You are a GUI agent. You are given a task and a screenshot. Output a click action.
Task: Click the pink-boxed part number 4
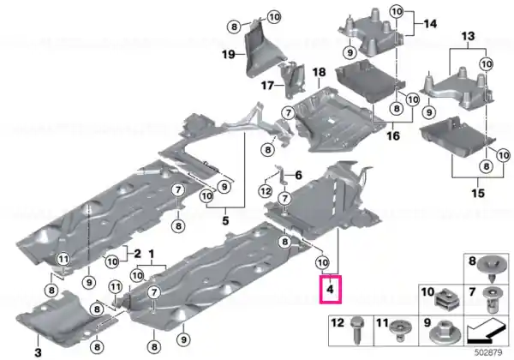pos(330,290)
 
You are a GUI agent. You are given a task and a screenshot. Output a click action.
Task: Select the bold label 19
pos(229,54)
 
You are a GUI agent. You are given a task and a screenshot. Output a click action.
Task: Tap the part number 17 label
pos(267,86)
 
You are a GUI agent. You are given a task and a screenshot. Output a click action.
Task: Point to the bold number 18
pos(319,72)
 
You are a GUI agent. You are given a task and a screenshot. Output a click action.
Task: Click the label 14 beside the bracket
pos(430,24)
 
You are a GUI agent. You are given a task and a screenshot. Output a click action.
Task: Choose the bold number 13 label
pos(468,36)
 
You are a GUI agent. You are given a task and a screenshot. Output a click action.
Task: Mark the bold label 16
pos(393,135)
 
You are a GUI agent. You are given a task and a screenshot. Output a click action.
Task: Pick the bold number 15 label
pos(478,193)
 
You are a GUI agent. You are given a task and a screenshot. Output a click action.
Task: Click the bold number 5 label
pos(225,220)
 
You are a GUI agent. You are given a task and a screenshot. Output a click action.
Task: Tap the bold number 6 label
pos(298,176)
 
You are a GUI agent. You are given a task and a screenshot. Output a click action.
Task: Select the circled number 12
pos(266,191)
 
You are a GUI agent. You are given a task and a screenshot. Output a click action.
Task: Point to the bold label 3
pos(38,352)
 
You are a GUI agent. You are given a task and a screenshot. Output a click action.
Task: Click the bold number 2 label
pos(137,254)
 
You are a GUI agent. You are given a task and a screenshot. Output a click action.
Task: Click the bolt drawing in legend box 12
pos(356,331)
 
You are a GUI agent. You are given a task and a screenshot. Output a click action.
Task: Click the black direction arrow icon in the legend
pos(486,331)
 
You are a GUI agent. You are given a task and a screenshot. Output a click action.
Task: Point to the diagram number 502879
pos(488,352)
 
